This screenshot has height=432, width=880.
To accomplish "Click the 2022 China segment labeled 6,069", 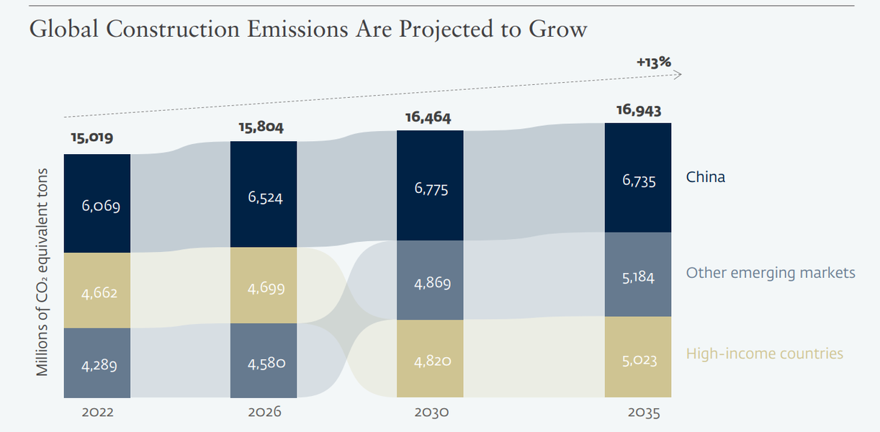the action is [x=97, y=204].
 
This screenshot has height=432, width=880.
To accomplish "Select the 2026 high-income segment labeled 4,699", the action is [x=264, y=286].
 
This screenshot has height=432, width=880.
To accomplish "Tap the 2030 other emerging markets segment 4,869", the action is [x=430, y=280].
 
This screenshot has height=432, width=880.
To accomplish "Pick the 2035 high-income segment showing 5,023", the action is [x=638, y=357].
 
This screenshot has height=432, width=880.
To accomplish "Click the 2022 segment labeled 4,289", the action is [x=97, y=364].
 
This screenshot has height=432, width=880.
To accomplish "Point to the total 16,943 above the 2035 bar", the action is [x=639, y=110].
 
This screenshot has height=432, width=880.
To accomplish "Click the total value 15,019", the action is [x=92, y=138].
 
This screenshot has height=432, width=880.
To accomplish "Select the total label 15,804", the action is [x=261, y=127].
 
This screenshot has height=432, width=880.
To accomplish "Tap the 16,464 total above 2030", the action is [x=428, y=117].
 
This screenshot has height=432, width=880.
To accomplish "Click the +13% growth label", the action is [x=654, y=62].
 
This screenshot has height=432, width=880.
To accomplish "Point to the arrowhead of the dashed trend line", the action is [x=681, y=75].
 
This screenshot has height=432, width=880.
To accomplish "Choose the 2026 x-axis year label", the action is [x=264, y=412].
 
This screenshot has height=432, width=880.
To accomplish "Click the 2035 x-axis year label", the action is [x=644, y=413].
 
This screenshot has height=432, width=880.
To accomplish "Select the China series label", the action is [x=706, y=177].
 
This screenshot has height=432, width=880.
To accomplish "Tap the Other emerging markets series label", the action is [x=771, y=273].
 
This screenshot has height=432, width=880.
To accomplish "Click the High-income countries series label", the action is [x=765, y=354].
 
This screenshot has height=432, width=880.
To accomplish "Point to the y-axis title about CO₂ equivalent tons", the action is [x=42, y=272].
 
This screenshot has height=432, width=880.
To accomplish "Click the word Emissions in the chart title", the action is [x=297, y=29].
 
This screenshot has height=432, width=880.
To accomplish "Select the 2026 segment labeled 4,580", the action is [x=264, y=361].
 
